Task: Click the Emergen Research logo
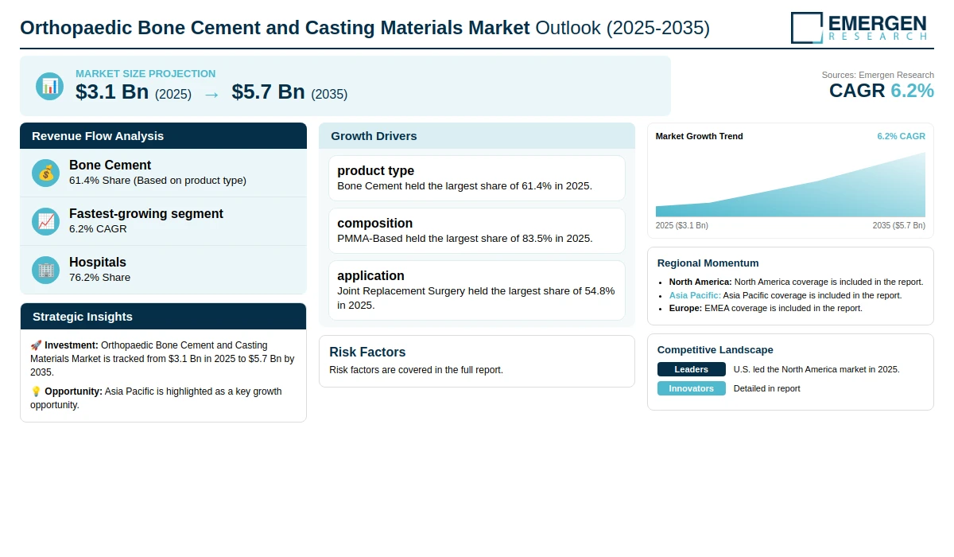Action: click(859, 28)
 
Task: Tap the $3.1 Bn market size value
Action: click(112, 92)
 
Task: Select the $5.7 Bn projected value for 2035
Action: click(269, 92)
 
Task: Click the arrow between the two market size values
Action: click(211, 95)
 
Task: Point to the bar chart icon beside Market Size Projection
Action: click(50, 87)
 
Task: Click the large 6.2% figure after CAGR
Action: click(913, 91)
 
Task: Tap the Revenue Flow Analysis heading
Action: click(98, 136)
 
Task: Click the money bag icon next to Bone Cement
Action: click(45, 173)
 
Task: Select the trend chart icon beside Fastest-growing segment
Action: click(45, 222)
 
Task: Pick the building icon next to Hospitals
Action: click(45, 271)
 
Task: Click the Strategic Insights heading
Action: click(83, 317)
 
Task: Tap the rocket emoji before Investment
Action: click(36, 345)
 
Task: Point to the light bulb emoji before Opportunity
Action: click(36, 391)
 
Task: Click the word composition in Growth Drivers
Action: click(374, 224)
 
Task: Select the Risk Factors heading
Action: click(367, 352)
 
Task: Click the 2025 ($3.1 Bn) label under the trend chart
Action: click(682, 225)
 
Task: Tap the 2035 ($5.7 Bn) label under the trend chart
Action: click(898, 225)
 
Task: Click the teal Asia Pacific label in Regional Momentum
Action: click(695, 295)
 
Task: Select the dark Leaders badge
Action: click(691, 369)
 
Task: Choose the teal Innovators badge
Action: click(691, 388)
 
